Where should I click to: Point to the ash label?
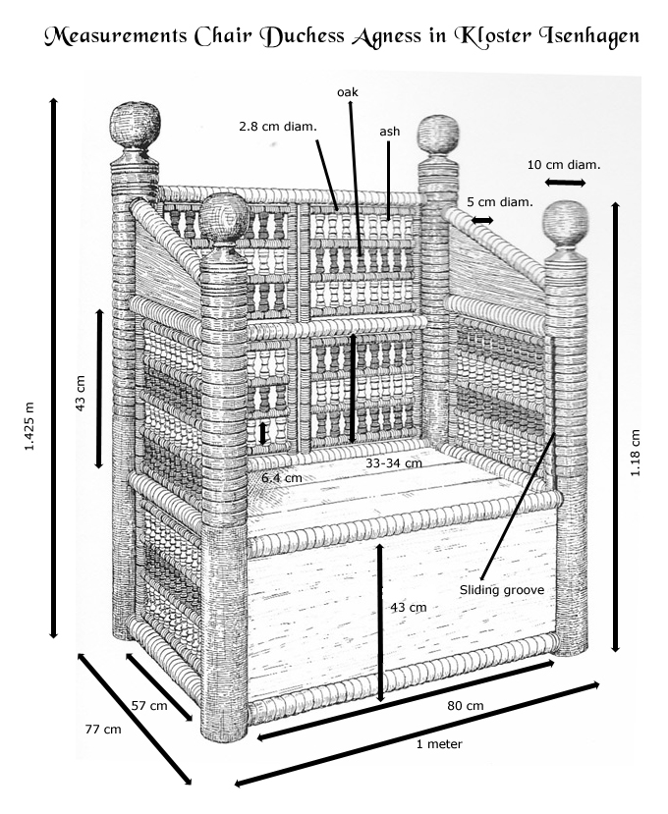coord(389,131)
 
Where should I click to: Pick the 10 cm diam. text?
coord(564,164)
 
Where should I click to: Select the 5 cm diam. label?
coord(499,202)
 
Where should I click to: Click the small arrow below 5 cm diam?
coord(482,221)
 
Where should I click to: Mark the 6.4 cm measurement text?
coord(282,477)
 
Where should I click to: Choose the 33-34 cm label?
coord(393,462)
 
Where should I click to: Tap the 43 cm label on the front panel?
coord(409,607)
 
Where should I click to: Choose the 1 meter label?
coord(438,744)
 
